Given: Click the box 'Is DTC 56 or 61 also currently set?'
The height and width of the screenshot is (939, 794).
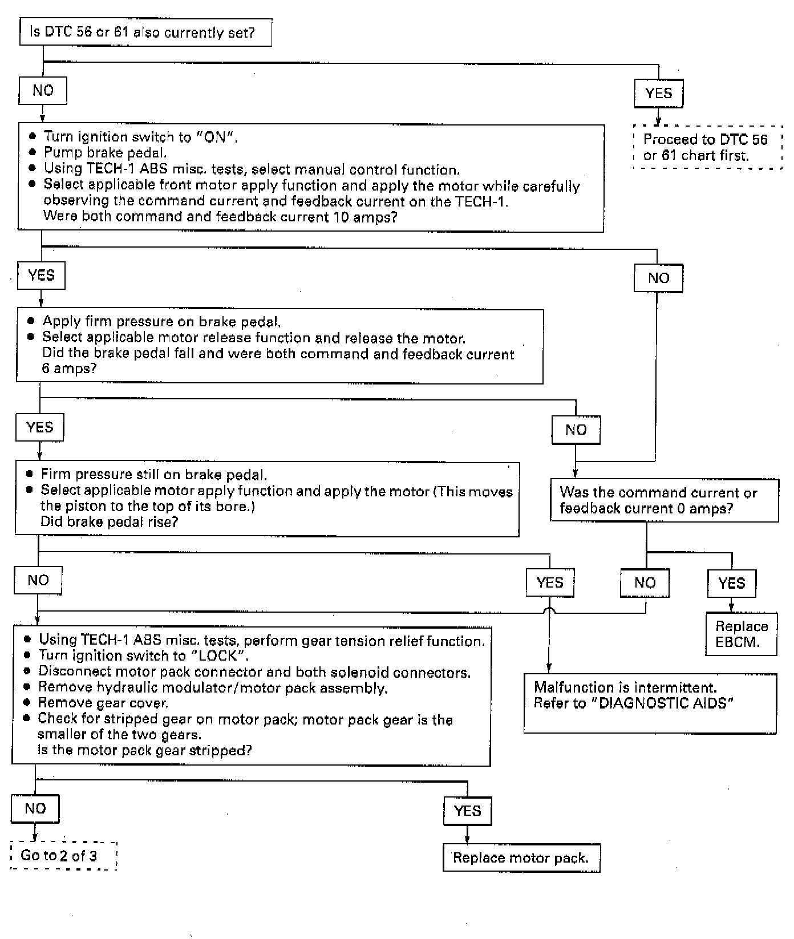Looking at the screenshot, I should pyautogui.click(x=145, y=33).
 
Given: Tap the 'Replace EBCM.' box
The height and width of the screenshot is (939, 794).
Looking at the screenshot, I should pyautogui.click(x=742, y=634).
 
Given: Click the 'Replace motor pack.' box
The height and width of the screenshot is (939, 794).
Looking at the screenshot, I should pyautogui.click(x=521, y=858).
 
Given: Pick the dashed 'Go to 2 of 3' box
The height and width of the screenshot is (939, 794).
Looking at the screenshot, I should pyautogui.click(x=63, y=856).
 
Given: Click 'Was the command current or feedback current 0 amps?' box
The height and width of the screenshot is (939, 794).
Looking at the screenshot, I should pyautogui.click(x=664, y=500).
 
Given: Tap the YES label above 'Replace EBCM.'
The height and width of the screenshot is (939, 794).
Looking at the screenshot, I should pyautogui.click(x=732, y=583).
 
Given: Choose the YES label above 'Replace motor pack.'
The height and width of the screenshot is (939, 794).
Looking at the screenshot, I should pyautogui.click(x=468, y=811).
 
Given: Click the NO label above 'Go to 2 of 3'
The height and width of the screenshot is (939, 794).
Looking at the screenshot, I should pyautogui.click(x=35, y=808).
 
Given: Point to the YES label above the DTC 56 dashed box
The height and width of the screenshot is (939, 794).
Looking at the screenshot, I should pyautogui.click(x=658, y=94).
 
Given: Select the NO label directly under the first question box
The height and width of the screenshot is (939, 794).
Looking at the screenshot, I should pyautogui.click(x=43, y=91).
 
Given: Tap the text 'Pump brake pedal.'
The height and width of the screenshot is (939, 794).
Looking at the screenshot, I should pyautogui.click(x=106, y=153).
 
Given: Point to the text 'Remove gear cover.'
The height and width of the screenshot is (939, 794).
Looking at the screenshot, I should pyautogui.click(x=103, y=703).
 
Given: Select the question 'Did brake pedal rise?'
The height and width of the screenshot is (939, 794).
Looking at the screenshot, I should pyautogui.click(x=110, y=522).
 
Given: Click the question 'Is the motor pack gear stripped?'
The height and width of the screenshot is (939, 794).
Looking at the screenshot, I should pyautogui.click(x=145, y=750).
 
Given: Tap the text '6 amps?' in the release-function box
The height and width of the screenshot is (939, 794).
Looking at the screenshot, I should pyautogui.click(x=69, y=369).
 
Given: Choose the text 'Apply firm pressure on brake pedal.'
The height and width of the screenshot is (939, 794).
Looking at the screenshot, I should pyautogui.click(x=161, y=322).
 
